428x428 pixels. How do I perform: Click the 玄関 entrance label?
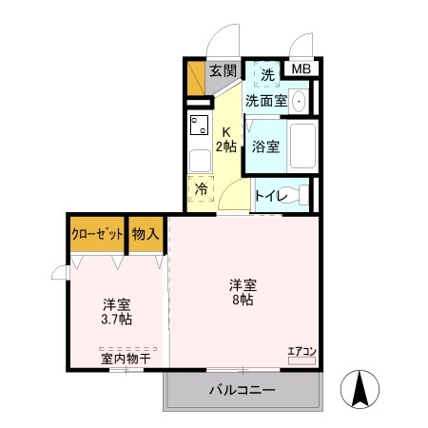click(x=223, y=70)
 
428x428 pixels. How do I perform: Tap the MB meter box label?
click(x=301, y=69)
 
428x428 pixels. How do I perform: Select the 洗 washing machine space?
click(x=267, y=74)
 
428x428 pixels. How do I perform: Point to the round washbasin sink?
click(x=299, y=101)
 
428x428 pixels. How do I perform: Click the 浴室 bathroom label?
click(x=265, y=146)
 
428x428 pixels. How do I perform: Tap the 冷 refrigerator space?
click(x=201, y=188)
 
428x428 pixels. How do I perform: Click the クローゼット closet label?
click(x=97, y=233)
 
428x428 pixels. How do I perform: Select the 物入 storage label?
click(x=146, y=233)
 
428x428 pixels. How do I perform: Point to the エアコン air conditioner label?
click(x=302, y=352)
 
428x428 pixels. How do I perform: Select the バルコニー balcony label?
click(x=243, y=390)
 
